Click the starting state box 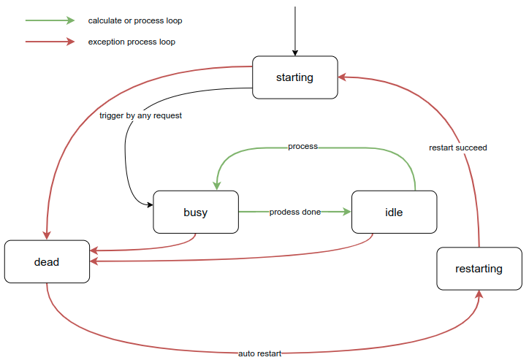[294, 77]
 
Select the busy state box [195, 212]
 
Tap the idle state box [394, 212]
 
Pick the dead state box [47, 261]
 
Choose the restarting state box [479, 269]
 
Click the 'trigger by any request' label [140, 115]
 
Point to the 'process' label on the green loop [302, 147]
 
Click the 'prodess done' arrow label [294, 212]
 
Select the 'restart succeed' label [457, 148]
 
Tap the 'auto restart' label [259, 353]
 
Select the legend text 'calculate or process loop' [135, 20]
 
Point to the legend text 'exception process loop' [132, 42]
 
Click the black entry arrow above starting [295, 29]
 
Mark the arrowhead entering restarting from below [480, 294]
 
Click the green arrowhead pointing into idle [346, 212]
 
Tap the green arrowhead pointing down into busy [217, 185]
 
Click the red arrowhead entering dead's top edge [47, 234]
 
